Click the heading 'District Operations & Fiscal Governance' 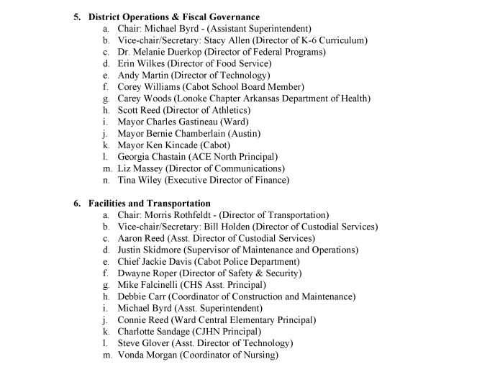pyautogui.click(x=174, y=17)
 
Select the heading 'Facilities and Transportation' pyautogui.click(x=150, y=204)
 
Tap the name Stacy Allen pyautogui.click(x=217, y=40)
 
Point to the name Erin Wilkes pyautogui.click(x=140, y=63)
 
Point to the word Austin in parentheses pyautogui.click(x=263, y=133)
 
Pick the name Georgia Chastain pyautogui.click(x=153, y=156)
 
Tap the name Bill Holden pyautogui.click(x=215, y=227)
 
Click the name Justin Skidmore pyautogui.click(x=149, y=250)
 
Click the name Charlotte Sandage pyautogui.click(x=155, y=331)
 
